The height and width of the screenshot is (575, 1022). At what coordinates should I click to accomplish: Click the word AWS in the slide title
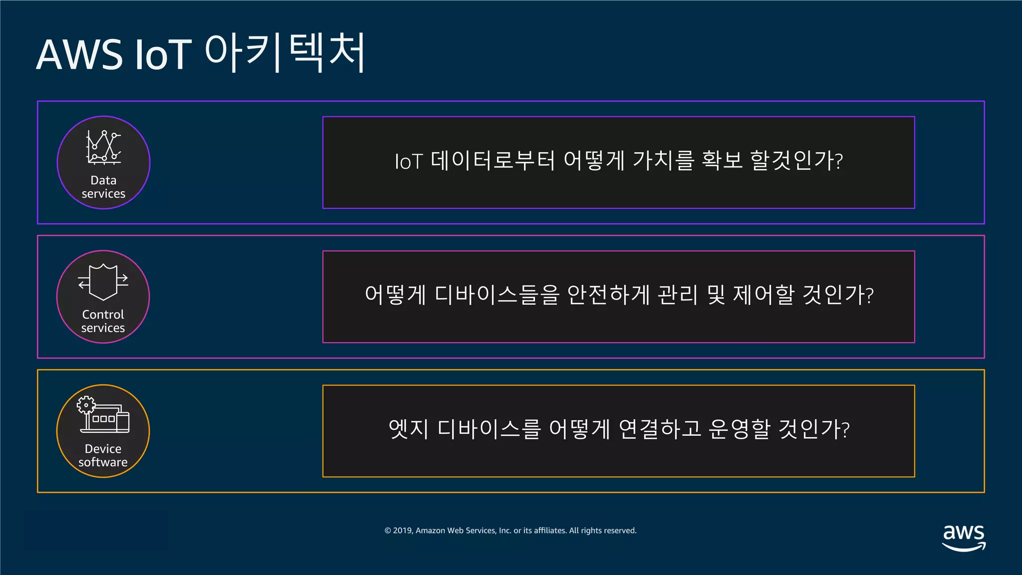79,54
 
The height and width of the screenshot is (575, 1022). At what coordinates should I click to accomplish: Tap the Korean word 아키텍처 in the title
285,52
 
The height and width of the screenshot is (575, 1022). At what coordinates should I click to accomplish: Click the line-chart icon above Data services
103,147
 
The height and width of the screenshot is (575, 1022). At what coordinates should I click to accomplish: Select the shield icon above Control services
103,282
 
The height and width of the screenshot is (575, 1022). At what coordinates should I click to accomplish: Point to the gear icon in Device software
86,405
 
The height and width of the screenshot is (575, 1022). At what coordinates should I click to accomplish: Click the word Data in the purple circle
103,180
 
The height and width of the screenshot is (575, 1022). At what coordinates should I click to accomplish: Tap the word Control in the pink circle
103,314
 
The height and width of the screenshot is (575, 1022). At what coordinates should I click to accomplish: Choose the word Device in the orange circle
103,449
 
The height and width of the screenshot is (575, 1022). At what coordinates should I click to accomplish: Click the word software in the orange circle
103,462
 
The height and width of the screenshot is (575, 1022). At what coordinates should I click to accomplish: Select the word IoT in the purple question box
408,162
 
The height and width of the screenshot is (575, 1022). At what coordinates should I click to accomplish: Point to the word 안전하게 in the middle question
608,294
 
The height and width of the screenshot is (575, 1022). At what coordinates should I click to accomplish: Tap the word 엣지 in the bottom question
408,429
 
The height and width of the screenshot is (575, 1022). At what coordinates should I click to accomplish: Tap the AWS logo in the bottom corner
964,537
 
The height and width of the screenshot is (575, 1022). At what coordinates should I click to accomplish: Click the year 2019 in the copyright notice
402,531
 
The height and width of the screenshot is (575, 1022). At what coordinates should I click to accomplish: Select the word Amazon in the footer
430,531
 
